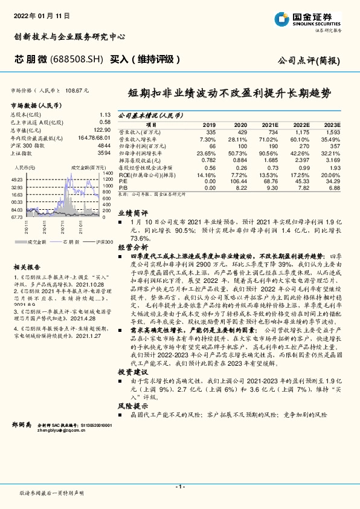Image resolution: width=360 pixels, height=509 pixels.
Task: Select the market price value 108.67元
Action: (x=77, y=90)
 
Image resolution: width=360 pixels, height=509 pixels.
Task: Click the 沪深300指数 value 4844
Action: (x=103, y=146)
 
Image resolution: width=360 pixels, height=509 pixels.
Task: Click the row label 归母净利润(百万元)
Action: (x=141, y=146)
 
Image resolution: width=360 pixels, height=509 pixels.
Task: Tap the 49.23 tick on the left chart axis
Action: (x=17, y=180)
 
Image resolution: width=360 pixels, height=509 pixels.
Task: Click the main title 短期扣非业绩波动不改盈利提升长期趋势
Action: (x=229, y=94)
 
